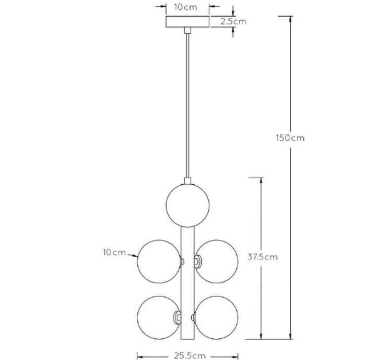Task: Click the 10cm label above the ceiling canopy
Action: point(186,7)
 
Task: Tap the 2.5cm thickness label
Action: point(233,21)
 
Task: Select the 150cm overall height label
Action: point(290,138)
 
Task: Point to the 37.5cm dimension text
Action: point(263,257)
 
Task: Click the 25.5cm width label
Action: point(190,356)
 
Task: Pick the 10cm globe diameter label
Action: point(114,253)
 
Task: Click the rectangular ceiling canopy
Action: point(188,21)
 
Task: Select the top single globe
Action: point(187,205)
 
